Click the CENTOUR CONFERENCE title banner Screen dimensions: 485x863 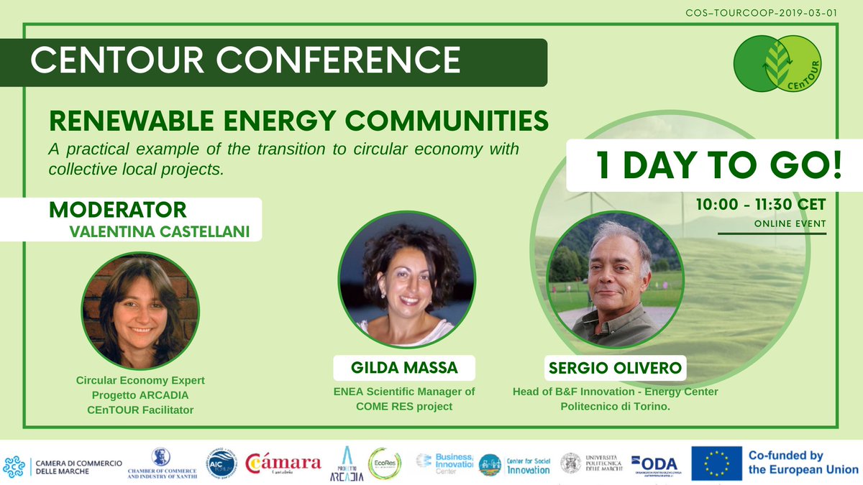[245, 61]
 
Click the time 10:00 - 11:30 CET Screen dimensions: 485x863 [760, 205]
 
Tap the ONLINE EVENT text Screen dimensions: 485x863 [790, 224]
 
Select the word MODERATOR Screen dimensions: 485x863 [117, 210]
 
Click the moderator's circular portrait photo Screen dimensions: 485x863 [140, 310]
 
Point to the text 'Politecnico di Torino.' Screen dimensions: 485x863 [615, 406]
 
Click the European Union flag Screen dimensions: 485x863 [716, 463]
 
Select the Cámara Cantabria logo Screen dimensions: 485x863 [283, 464]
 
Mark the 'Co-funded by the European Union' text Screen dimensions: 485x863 [803, 463]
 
